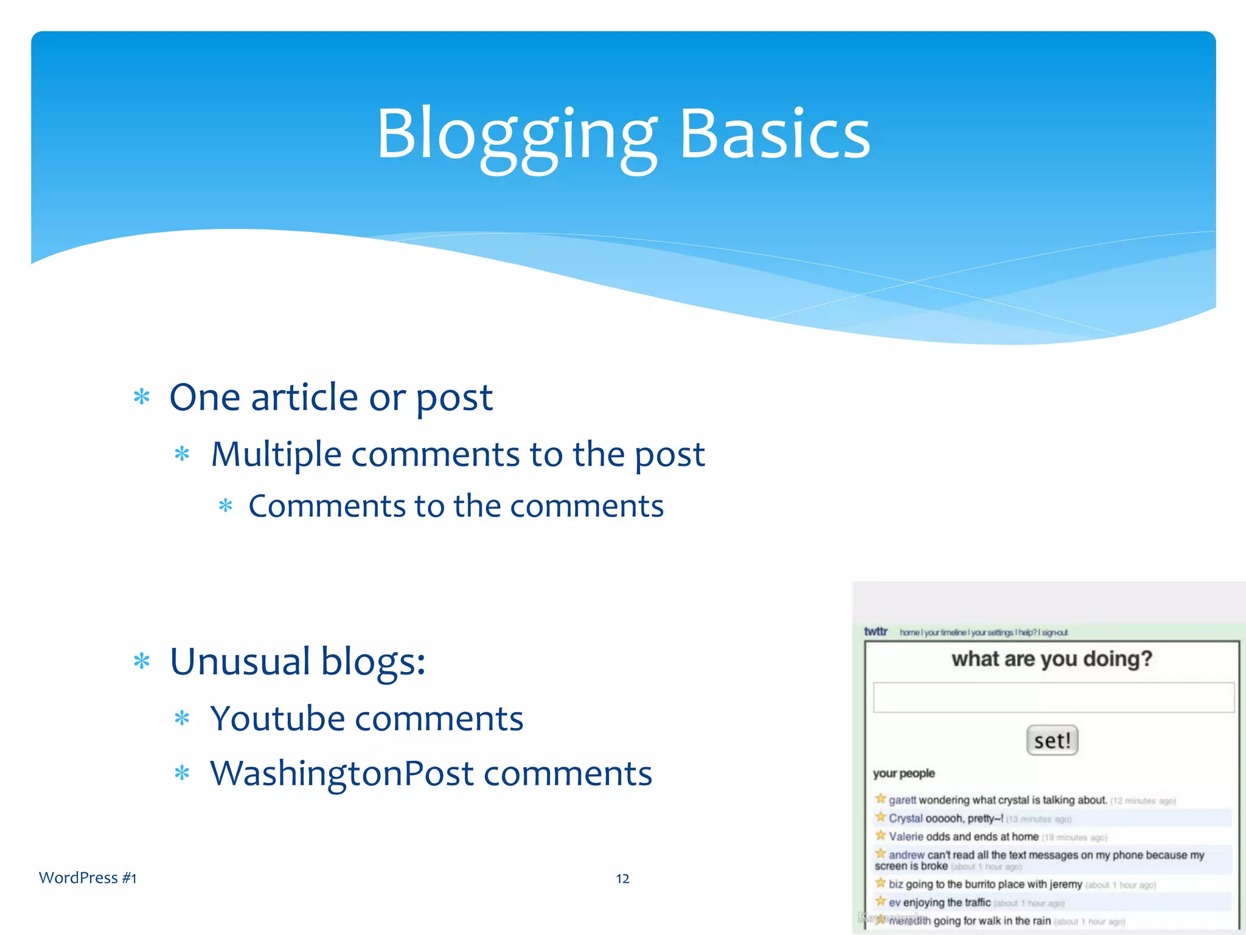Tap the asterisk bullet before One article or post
pyautogui.click(x=142, y=397)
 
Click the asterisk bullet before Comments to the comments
pyautogui.click(x=226, y=506)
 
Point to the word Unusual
pyautogui.click(x=240, y=661)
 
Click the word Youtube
pyautogui.click(x=277, y=718)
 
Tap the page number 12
pyautogui.click(x=622, y=878)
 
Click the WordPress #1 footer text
pyautogui.click(x=88, y=878)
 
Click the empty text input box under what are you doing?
pyautogui.click(x=1053, y=698)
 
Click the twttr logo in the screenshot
pyautogui.click(x=875, y=631)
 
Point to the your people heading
pyautogui.click(x=903, y=773)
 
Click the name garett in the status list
pyautogui.click(x=902, y=800)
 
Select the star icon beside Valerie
pyautogui.click(x=880, y=835)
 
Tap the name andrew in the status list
pyautogui.click(x=907, y=855)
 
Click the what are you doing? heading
pyautogui.click(x=1052, y=659)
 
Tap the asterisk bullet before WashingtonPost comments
pyautogui.click(x=182, y=774)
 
